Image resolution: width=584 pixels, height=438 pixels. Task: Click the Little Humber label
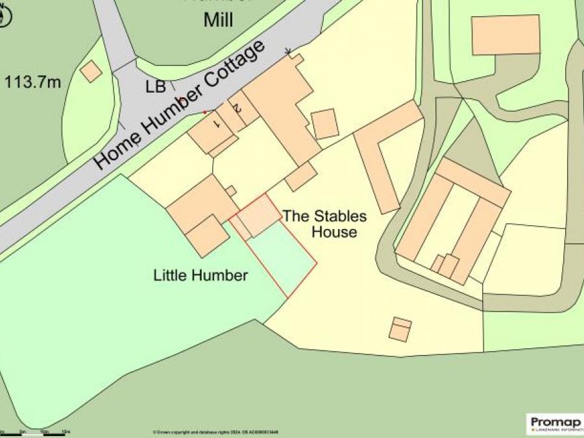click(x=201, y=275)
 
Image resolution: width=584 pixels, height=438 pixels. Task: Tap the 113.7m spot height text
click(x=33, y=82)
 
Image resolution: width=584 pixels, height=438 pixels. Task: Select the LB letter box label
click(x=156, y=86)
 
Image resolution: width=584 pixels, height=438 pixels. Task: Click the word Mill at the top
click(x=218, y=19)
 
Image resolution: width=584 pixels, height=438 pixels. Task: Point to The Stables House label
click(x=324, y=224)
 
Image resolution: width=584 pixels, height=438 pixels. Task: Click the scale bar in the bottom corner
click(x=36, y=433)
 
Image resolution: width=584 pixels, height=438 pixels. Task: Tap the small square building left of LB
click(x=91, y=71)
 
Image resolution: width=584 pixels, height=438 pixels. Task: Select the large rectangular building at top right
click(x=505, y=35)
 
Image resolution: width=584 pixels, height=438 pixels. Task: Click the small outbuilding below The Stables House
click(x=400, y=330)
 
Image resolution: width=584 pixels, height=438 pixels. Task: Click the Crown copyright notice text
click(x=214, y=432)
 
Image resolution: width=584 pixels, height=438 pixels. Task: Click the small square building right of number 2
click(x=324, y=123)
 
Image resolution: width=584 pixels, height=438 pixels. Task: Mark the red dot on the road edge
click(x=204, y=112)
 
